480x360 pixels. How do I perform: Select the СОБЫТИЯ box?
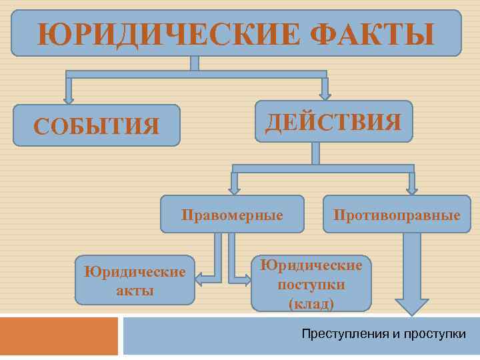(x=97, y=125)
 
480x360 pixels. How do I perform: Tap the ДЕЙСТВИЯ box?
(x=333, y=122)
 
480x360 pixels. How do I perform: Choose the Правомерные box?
(x=232, y=215)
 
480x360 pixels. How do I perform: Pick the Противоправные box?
(x=397, y=215)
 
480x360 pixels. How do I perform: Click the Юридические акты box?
(x=134, y=280)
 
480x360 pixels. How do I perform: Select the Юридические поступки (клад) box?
(x=311, y=283)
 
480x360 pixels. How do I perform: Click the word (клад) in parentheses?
(x=311, y=303)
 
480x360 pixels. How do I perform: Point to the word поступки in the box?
(x=311, y=285)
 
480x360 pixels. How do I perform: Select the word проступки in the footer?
(x=434, y=333)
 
